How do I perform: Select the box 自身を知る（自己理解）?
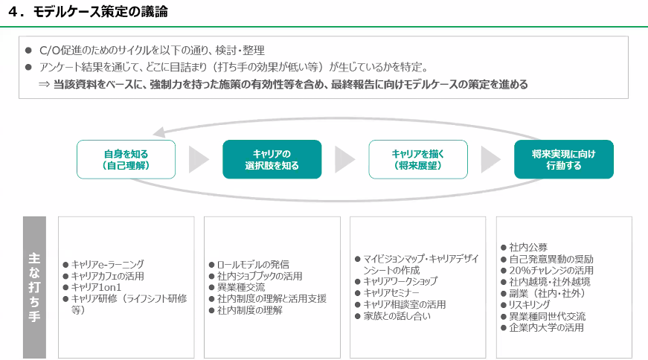[126, 159]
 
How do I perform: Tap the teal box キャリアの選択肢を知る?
[272, 159]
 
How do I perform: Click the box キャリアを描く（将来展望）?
[418, 159]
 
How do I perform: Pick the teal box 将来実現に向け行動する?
[563, 159]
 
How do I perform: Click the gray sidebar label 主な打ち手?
[35, 287]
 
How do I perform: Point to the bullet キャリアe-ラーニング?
[108, 264]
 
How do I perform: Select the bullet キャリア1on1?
[97, 287]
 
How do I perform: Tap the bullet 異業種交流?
[241, 287]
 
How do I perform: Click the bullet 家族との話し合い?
[393, 316]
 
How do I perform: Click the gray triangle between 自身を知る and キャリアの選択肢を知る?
[199, 159]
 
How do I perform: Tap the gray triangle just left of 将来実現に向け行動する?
[490, 159]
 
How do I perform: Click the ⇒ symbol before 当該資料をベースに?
[44, 85]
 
